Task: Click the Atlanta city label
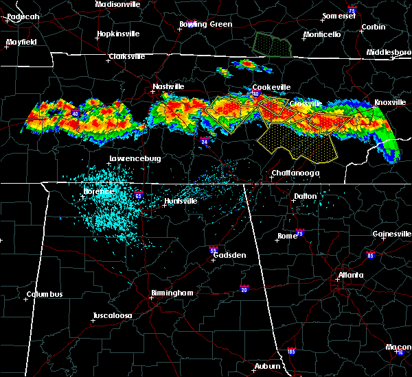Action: pos(351,276)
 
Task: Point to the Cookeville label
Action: pos(271,87)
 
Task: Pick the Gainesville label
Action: pos(391,234)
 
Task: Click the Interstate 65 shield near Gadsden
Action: pos(214,250)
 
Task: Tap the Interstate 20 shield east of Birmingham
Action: pos(244,289)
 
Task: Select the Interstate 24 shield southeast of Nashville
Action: pos(205,142)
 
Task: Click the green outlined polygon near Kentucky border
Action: pos(273,45)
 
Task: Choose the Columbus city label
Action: pos(45,295)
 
